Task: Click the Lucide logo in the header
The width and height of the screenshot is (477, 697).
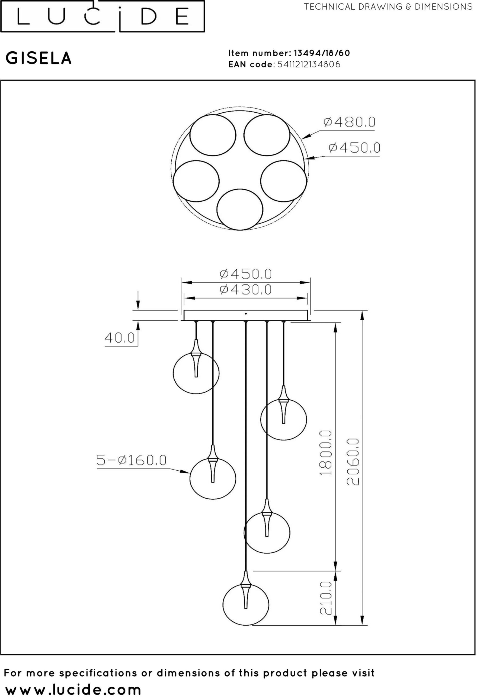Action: click(x=103, y=16)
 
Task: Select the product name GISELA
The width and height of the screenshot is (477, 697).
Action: click(x=39, y=58)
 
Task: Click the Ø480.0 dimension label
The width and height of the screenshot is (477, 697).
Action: click(x=349, y=122)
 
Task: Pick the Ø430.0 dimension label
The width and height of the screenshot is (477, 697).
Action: click(x=246, y=289)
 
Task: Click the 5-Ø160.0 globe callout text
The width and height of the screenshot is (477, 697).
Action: click(x=131, y=460)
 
